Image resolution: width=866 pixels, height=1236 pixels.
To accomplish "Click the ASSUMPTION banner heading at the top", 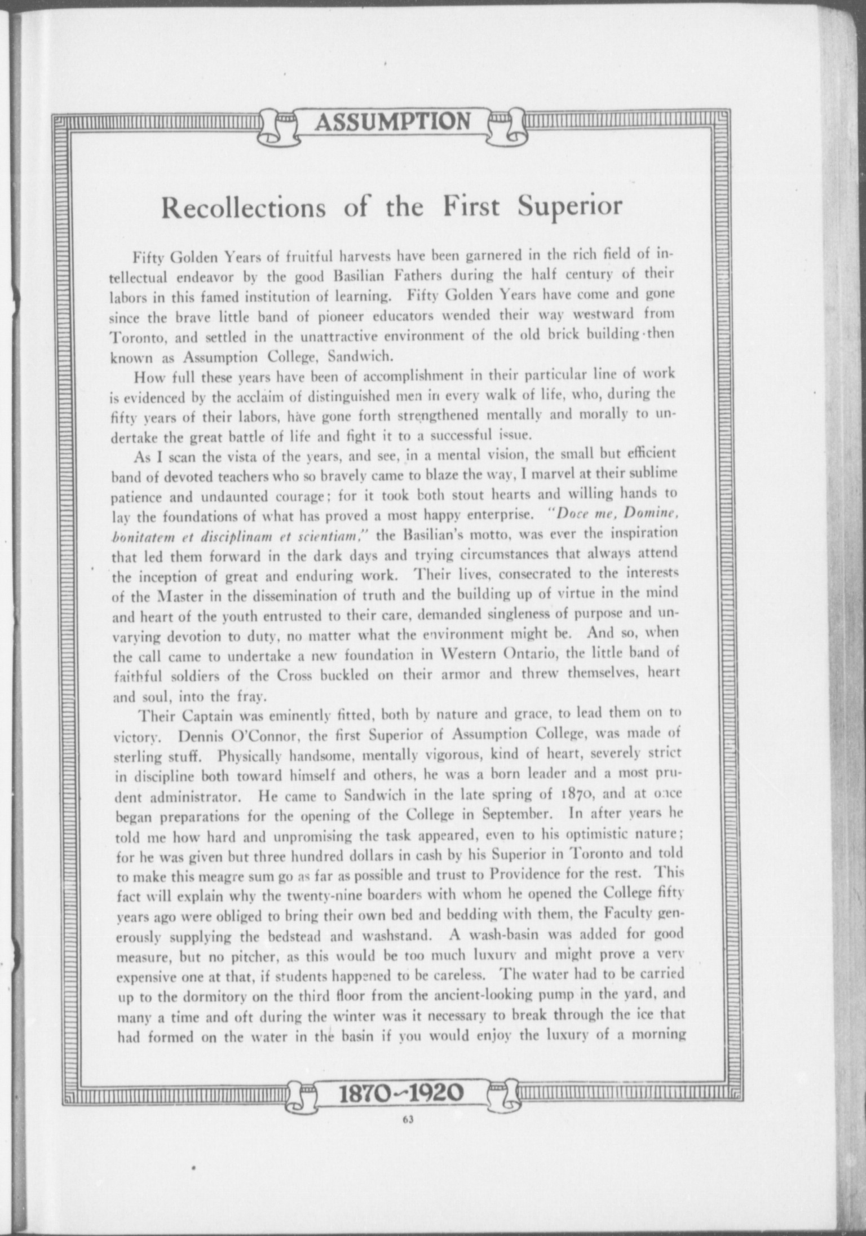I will click(x=392, y=121).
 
